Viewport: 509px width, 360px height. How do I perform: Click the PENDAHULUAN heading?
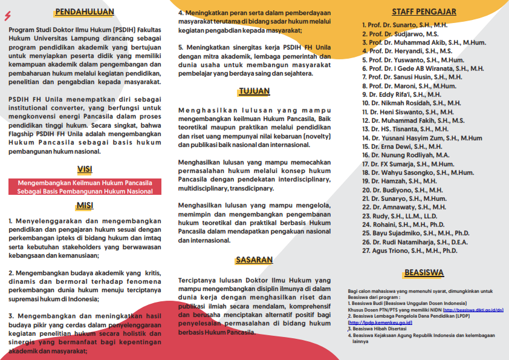84,11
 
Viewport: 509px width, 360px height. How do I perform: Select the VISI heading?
85,169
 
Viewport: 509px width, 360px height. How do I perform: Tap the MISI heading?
85,205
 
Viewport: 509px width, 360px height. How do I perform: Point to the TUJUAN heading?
254,92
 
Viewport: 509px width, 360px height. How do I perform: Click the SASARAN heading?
254,260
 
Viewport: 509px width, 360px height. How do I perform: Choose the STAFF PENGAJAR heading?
424,11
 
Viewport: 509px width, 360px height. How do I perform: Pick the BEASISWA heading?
424,272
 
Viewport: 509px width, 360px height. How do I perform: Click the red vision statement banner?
85,186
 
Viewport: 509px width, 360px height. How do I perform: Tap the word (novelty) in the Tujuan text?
315,137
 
